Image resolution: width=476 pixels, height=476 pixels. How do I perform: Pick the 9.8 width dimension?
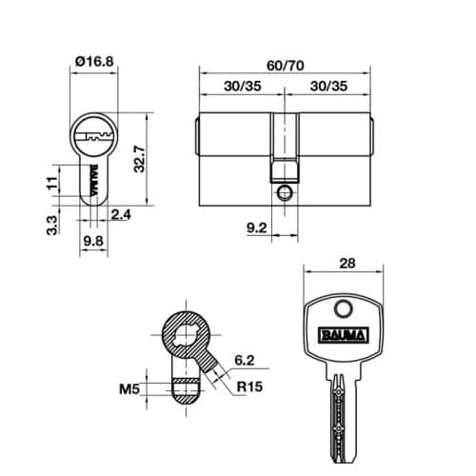tap(92, 242)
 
